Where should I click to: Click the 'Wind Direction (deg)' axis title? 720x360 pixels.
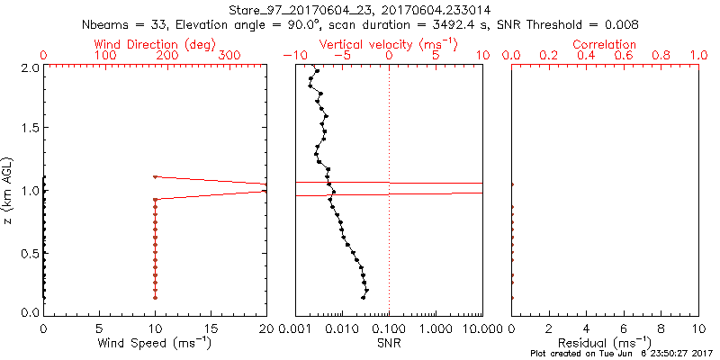point(154,44)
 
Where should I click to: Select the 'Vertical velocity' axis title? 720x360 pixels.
point(388,44)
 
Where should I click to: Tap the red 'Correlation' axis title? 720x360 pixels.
point(605,44)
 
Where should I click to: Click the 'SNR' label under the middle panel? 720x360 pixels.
point(389,343)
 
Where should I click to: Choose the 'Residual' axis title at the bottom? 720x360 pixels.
point(605,343)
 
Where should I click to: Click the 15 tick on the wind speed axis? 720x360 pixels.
point(211,328)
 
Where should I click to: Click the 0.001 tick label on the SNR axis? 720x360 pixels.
point(295,328)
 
